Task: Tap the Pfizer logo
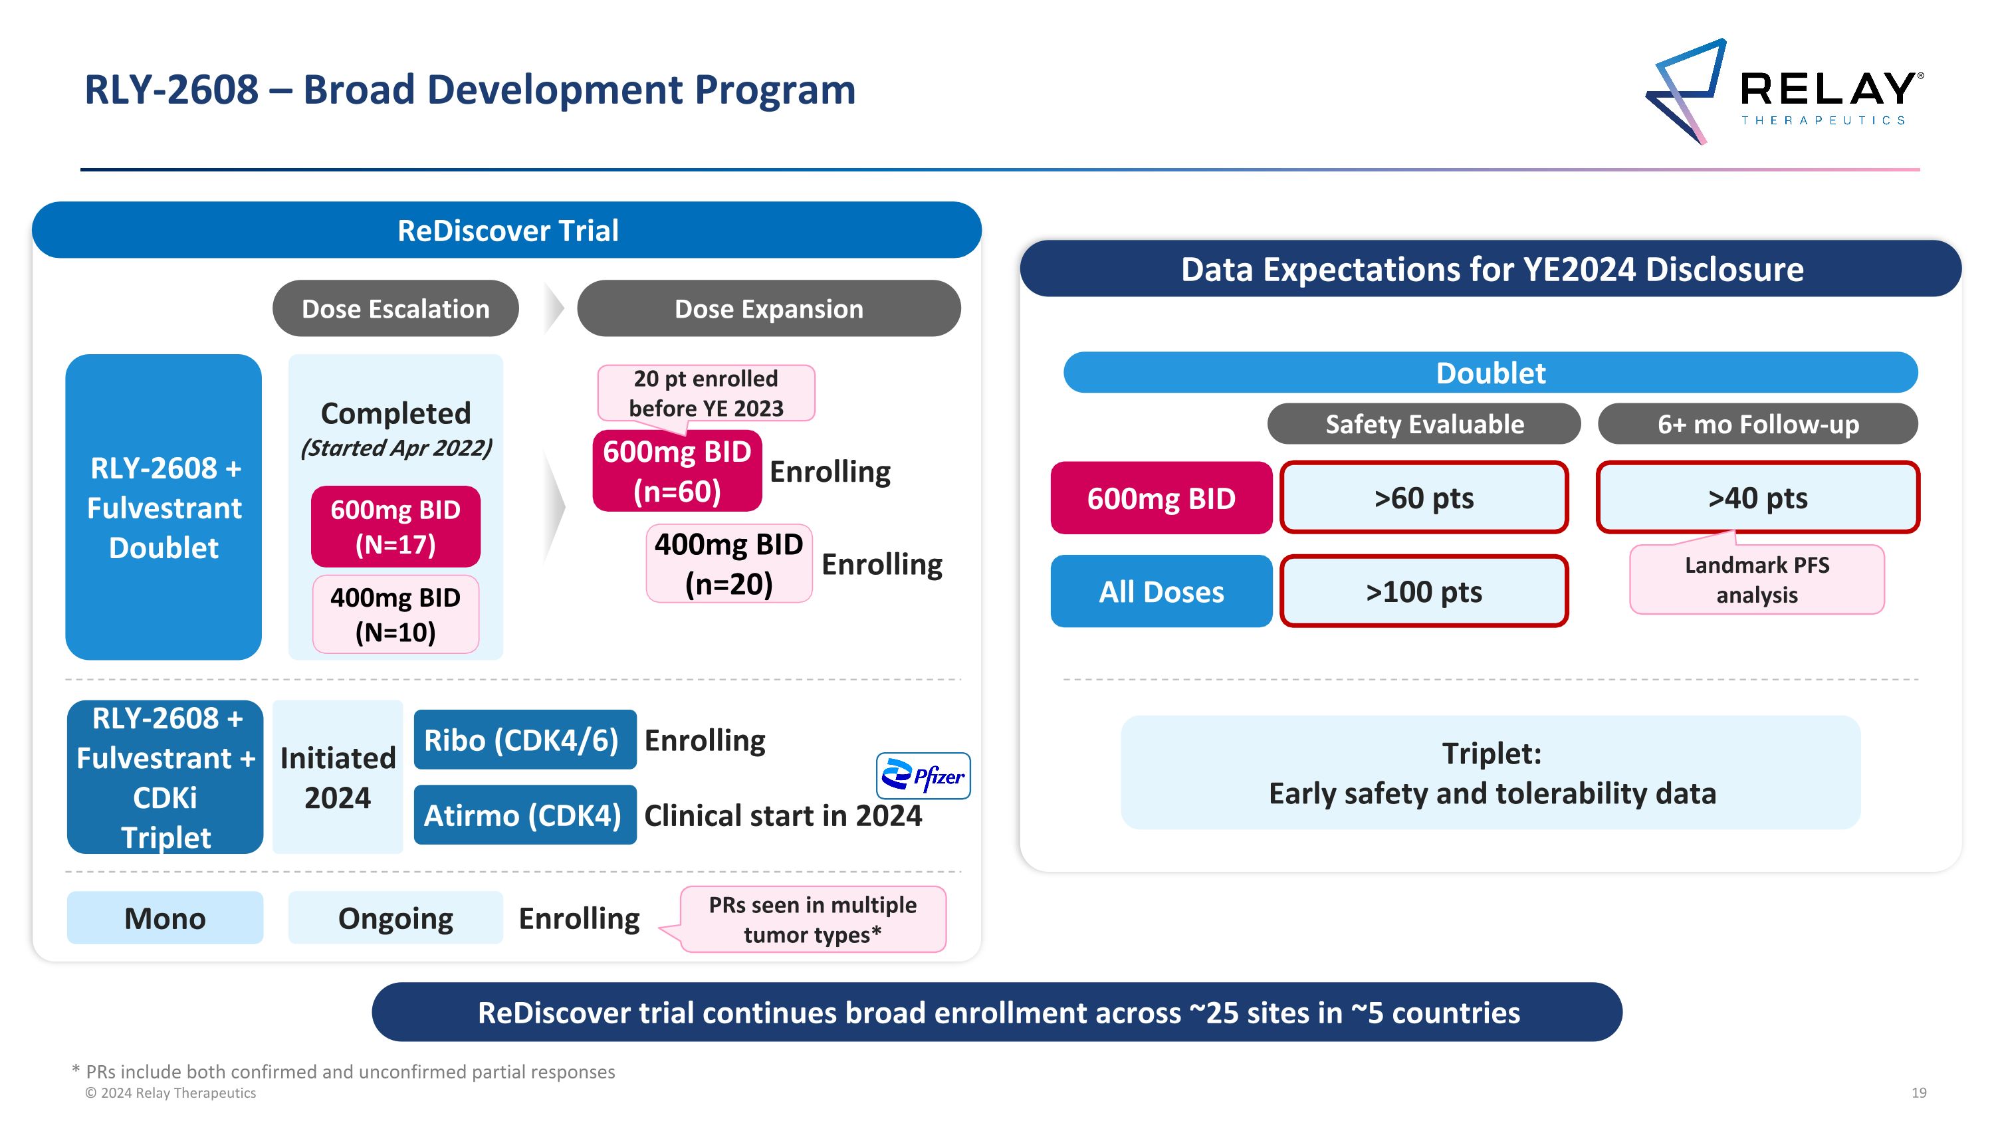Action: click(x=923, y=775)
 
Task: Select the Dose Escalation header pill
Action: click(x=395, y=309)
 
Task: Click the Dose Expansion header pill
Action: click(x=768, y=309)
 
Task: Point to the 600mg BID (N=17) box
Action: click(x=395, y=527)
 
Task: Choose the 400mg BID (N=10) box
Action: click(x=395, y=614)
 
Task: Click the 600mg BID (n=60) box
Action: click(x=677, y=471)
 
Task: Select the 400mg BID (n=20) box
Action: click(x=728, y=564)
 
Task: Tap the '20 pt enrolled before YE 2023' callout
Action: click(x=706, y=393)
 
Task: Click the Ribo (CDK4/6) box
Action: click(x=524, y=740)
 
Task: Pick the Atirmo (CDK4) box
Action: click(x=524, y=815)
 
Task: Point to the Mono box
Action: click(x=165, y=918)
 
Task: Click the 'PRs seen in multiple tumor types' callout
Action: click(x=813, y=920)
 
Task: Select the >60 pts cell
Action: click(x=1424, y=498)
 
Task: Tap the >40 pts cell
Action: click(x=1757, y=498)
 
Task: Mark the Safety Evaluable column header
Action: click(x=1424, y=424)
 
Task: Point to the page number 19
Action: click(x=1919, y=1092)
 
